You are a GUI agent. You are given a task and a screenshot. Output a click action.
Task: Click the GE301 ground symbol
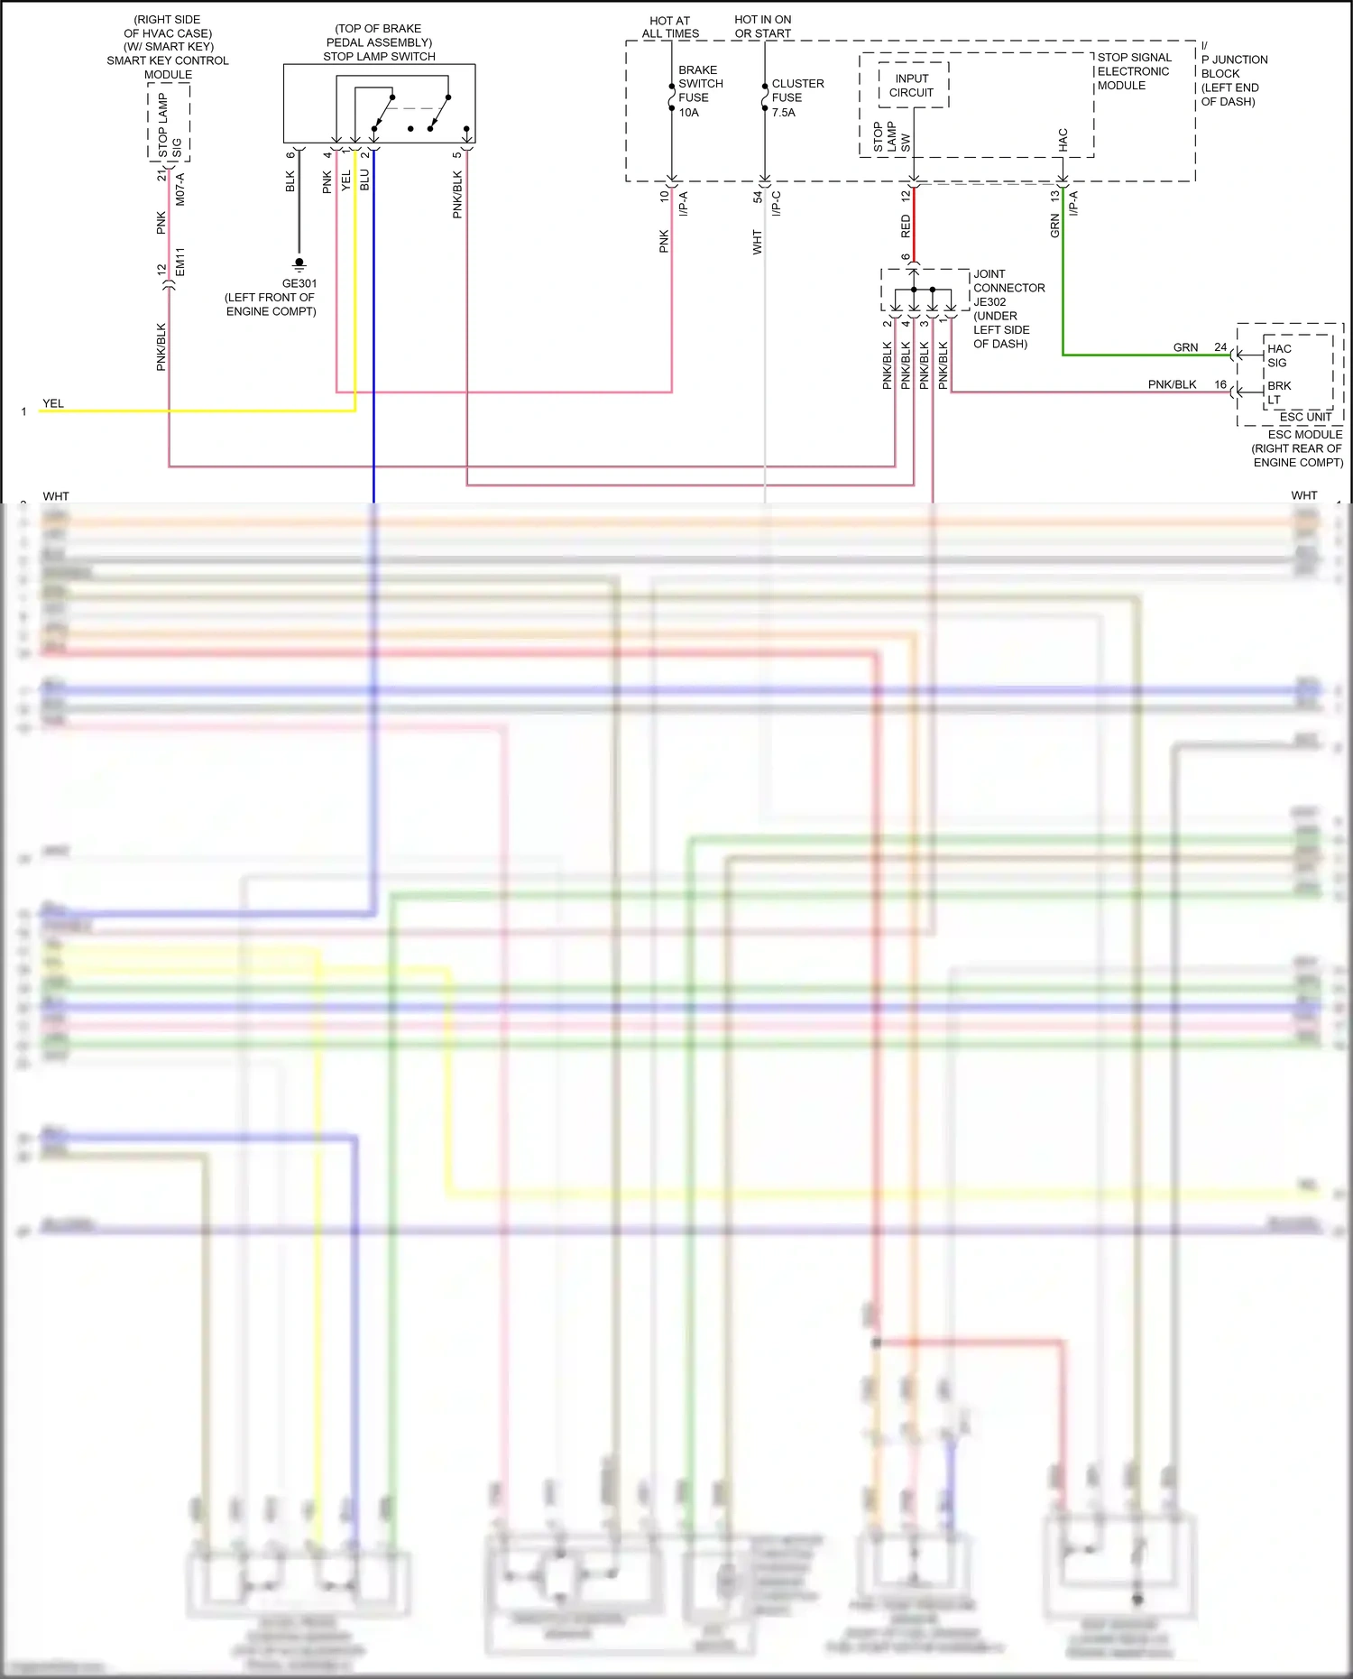click(x=299, y=264)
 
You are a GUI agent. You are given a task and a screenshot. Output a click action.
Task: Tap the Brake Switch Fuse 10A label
click(x=700, y=91)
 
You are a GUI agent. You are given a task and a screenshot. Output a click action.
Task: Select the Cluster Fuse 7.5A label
click(x=796, y=97)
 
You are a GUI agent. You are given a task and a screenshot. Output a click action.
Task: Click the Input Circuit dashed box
click(x=913, y=86)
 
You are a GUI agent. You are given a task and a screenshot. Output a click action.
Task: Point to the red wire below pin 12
click(x=914, y=226)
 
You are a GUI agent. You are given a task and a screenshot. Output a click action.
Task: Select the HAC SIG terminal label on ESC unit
click(x=1278, y=355)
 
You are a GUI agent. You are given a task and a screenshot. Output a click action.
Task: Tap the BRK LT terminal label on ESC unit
click(x=1278, y=392)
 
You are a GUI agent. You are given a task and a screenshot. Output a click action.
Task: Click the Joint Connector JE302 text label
click(x=1008, y=288)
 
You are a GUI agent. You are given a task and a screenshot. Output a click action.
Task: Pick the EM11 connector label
click(x=180, y=262)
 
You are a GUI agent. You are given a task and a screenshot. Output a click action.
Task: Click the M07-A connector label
click(x=180, y=189)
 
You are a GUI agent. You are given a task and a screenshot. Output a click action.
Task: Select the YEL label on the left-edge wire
click(x=53, y=403)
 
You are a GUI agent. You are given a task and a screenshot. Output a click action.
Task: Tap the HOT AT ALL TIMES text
click(x=670, y=26)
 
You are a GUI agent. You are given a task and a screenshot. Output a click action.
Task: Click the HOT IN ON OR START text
click(x=762, y=26)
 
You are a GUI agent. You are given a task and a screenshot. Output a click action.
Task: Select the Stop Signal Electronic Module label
click(x=1134, y=71)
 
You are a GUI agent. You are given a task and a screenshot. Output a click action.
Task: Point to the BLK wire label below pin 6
click(x=290, y=181)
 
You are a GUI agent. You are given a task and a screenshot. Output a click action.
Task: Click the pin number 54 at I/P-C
click(x=758, y=196)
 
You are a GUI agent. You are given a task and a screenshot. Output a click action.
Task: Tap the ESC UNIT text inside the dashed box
click(x=1305, y=417)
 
